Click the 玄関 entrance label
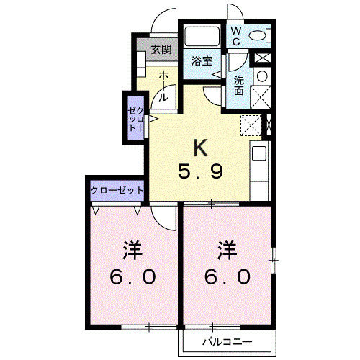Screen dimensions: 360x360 coord(161,50)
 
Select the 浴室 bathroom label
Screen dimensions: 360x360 coord(202,62)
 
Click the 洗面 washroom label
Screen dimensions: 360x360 coord(238,85)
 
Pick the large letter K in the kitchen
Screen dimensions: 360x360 coord(201,148)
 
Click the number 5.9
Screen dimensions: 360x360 coord(201,172)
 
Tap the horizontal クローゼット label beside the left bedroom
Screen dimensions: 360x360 coord(117,191)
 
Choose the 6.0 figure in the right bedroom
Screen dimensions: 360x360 coord(228,276)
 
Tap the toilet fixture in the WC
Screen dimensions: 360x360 coord(257,35)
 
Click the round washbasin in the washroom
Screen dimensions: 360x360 coord(262,76)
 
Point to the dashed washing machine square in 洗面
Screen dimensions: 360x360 coord(260,96)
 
